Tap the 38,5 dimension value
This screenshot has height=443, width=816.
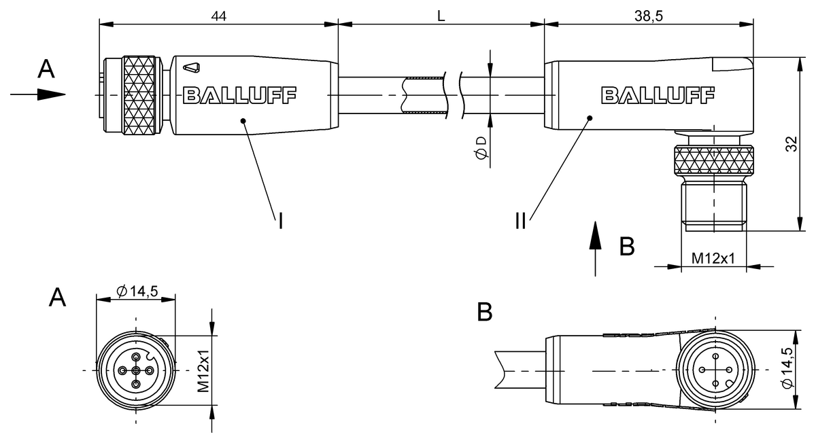(648, 15)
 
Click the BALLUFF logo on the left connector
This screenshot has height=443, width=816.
(239, 95)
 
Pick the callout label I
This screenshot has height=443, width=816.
(280, 221)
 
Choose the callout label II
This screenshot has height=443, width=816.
(521, 221)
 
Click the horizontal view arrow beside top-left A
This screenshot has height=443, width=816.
(38, 94)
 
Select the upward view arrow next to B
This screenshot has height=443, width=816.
(596, 248)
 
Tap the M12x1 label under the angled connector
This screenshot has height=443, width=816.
(713, 259)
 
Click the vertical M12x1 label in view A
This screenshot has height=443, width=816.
(203, 371)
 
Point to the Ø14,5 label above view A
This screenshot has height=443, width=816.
(137, 291)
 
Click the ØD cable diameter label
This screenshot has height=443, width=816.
(481, 148)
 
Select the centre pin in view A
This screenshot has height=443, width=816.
(136, 370)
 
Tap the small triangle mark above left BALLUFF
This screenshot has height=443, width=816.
(192, 67)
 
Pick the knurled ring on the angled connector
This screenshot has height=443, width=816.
(713, 162)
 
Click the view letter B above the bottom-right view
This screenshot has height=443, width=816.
(484, 312)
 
